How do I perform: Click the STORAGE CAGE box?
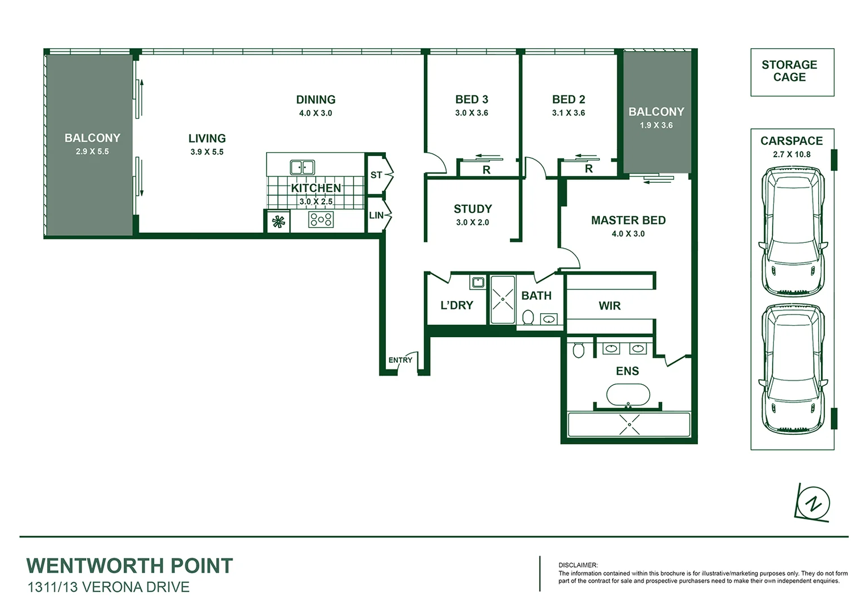(792, 72)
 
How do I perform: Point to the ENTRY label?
(400, 360)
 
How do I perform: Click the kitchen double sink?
(302, 167)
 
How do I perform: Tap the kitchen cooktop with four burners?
(321, 219)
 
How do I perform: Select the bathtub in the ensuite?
(628, 394)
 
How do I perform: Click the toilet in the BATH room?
(528, 317)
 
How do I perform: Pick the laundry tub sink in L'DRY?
(477, 282)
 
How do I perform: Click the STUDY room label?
(473, 209)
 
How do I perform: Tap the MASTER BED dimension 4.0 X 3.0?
(628, 234)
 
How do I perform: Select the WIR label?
(609, 306)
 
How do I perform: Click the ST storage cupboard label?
(376, 175)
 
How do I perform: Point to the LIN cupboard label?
(376, 216)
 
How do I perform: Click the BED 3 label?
(472, 99)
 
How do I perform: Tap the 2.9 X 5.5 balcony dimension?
(92, 152)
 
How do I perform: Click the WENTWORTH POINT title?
(129, 566)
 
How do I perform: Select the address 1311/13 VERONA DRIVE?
(108, 587)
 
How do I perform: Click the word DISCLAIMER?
(578, 565)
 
